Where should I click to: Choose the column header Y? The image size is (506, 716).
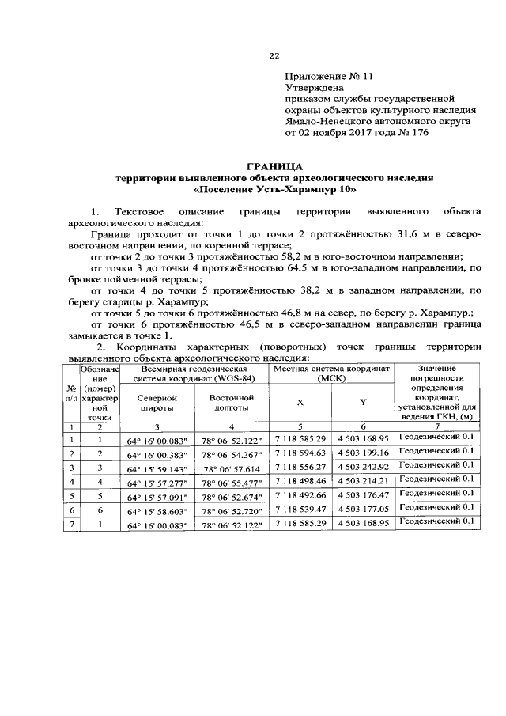click(363, 402)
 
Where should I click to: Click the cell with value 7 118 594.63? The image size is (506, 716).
click(300, 453)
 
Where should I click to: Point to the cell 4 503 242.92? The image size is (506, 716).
click(363, 467)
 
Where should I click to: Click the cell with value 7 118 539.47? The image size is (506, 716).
click(300, 510)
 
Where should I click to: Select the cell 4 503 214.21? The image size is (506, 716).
click(363, 481)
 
